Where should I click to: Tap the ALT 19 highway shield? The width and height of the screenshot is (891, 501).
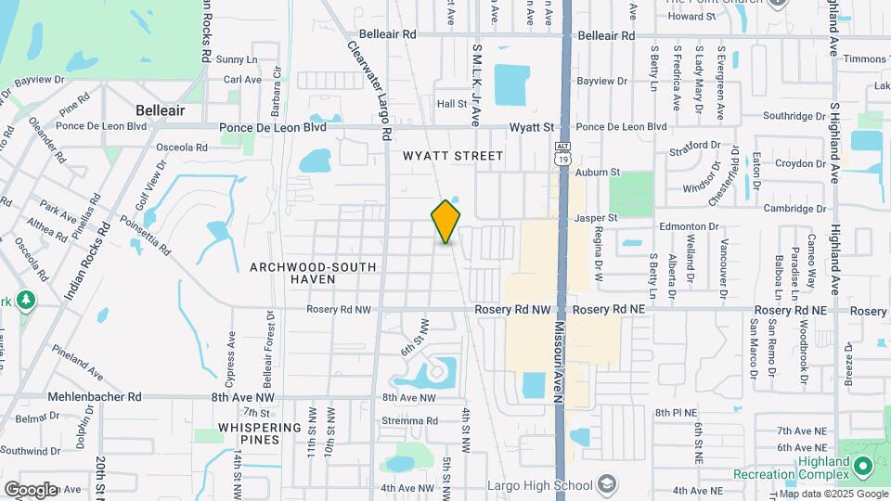pos(562,153)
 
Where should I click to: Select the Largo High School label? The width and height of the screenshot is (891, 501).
pos(540,485)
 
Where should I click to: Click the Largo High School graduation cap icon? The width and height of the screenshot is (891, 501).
pos(607,484)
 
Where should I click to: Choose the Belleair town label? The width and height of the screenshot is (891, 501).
pos(160,110)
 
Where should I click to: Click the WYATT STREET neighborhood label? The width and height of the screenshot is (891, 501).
pos(453,156)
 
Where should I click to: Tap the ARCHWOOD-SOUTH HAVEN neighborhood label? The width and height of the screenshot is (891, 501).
pos(313,273)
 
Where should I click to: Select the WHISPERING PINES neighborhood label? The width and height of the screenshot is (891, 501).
pos(259,433)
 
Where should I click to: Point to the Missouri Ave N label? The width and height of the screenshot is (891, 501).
pos(560,362)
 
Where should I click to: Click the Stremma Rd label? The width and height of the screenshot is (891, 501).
pos(409,420)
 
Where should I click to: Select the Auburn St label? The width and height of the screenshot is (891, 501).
pos(597,173)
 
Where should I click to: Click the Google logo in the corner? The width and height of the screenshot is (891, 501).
pos(30,489)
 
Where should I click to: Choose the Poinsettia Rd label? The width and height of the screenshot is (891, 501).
pos(147,235)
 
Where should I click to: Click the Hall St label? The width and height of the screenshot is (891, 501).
pos(451,105)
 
